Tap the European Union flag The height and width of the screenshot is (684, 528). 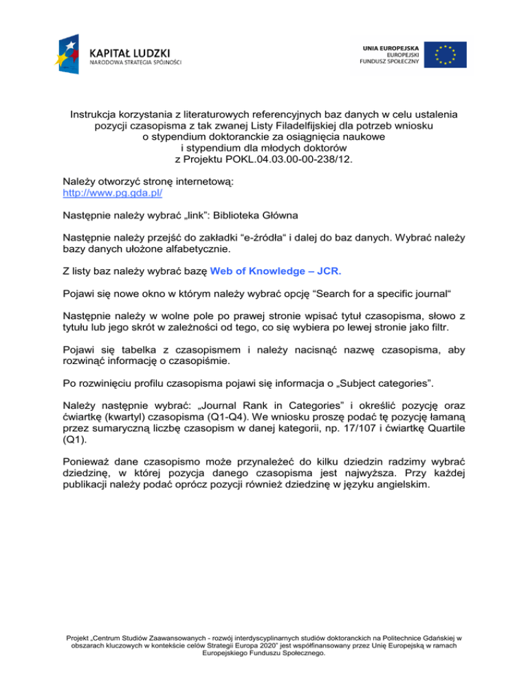(x=445, y=55)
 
